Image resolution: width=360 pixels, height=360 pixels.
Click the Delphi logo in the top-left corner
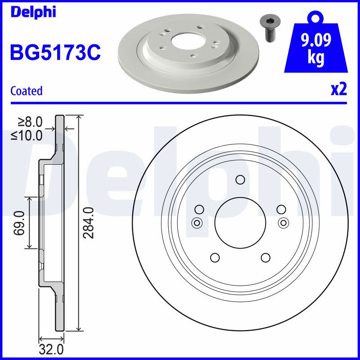click(x=33, y=12)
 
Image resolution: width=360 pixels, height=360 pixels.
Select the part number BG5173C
click(x=55, y=52)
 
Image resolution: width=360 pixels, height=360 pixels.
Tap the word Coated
click(x=27, y=91)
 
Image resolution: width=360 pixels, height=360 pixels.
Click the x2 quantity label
click(x=339, y=89)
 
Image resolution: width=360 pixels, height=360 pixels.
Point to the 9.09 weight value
click(x=316, y=40)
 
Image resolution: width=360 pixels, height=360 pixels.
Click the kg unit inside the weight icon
click(x=316, y=58)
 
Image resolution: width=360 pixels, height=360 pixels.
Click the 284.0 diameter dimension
click(x=89, y=223)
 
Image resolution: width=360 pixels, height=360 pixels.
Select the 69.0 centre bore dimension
click(x=19, y=223)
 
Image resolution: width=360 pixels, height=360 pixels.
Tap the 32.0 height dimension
click(x=51, y=350)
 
